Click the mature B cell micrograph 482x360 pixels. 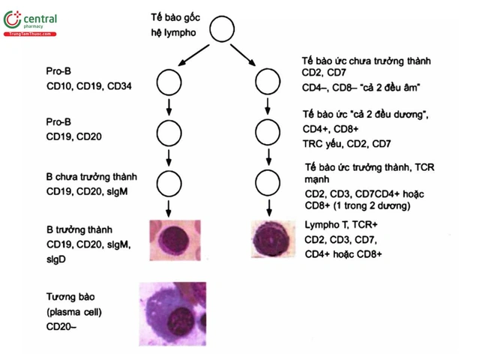(x=175, y=241)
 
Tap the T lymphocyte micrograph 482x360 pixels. (x=273, y=239)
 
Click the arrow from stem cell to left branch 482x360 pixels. (x=193, y=55)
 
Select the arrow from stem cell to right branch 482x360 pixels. (x=243, y=55)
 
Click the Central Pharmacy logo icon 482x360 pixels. (x=12, y=19)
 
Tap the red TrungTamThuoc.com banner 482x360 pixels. (x=30, y=34)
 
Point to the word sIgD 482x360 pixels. (x=56, y=259)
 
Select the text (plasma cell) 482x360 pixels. (x=74, y=312)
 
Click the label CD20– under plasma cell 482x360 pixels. (x=61, y=326)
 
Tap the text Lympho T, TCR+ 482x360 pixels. (x=341, y=225)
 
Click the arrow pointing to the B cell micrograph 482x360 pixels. (x=168, y=208)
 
